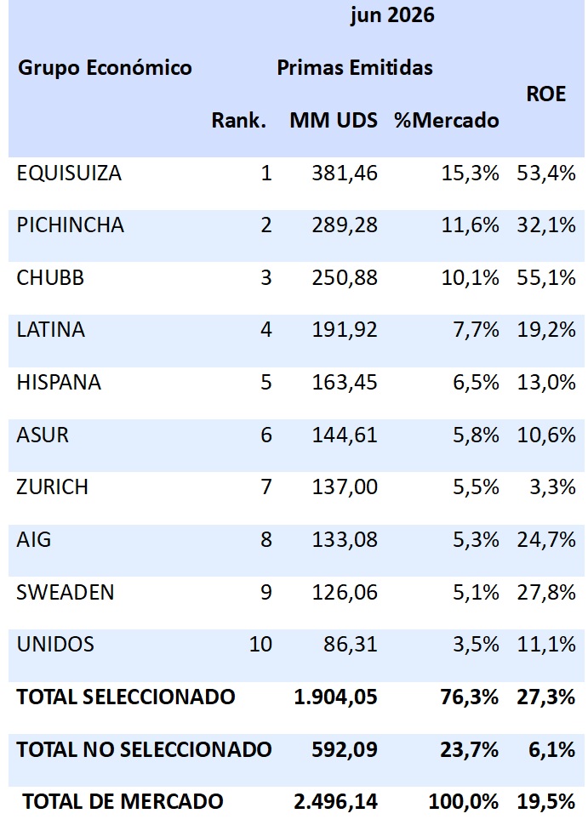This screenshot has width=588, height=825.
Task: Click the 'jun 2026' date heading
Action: point(392,15)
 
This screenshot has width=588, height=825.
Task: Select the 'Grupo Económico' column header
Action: point(105,68)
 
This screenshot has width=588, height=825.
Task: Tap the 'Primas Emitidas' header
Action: point(355,67)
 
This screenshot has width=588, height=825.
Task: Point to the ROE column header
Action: point(546,94)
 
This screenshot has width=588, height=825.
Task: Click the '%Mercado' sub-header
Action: point(447,120)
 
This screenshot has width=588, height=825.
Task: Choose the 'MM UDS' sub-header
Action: point(334,120)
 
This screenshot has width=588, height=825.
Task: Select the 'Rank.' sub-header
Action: point(239,120)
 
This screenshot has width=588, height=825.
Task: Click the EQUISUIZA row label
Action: point(69,174)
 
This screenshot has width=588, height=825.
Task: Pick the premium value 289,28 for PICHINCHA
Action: point(345,225)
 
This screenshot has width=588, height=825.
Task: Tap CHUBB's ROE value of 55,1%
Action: point(546,277)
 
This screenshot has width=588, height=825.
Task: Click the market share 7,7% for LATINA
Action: point(476,330)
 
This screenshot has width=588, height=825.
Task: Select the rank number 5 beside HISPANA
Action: point(266,383)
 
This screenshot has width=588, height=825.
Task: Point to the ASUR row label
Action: point(43,435)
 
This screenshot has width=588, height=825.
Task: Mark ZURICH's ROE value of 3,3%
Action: point(552,487)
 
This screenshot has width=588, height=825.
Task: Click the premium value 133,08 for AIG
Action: point(345,540)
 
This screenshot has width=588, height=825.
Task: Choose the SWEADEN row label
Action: point(66,592)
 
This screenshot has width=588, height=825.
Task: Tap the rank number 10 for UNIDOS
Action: point(260,644)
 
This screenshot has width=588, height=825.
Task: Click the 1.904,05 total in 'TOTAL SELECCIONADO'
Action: point(335,697)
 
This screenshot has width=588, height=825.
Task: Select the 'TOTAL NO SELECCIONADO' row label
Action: point(145,749)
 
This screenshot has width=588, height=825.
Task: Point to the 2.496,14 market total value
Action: point(335,802)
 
